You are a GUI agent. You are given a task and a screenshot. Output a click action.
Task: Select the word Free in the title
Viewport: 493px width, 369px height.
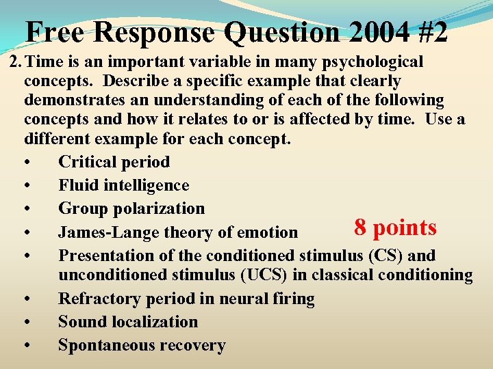click(55, 31)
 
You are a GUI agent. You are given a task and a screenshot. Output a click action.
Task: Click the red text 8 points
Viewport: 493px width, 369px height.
click(395, 228)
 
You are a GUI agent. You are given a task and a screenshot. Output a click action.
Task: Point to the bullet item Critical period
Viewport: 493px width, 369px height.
click(114, 162)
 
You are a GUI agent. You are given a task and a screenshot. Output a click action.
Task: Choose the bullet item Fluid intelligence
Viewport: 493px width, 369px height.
click(123, 185)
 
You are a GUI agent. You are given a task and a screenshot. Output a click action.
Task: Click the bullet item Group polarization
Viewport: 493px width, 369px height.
click(131, 208)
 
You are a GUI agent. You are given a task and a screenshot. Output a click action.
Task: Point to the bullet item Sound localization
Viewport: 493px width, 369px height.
click(127, 322)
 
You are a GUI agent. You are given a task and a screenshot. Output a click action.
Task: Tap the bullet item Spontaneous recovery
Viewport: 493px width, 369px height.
click(141, 345)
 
